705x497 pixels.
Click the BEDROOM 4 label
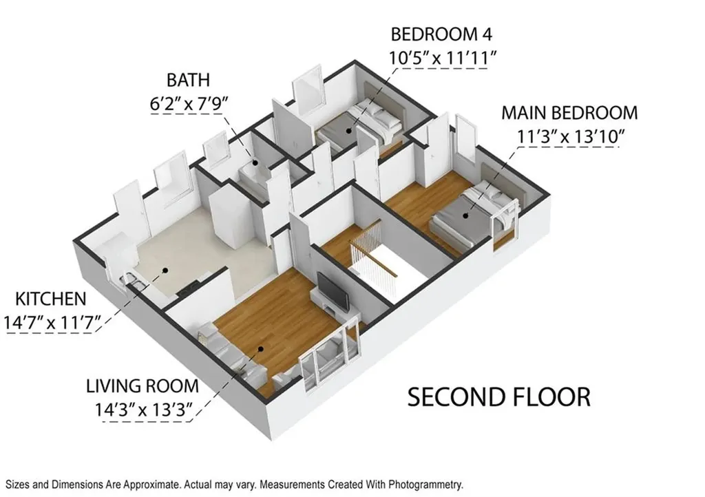click(x=441, y=34)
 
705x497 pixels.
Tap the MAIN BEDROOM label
click(x=569, y=113)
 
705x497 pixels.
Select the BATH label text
click(x=188, y=80)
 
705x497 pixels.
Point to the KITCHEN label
click(x=50, y=299)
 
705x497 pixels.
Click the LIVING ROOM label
click(x=142, y=386)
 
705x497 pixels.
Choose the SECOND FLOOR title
click(x=498, y=396)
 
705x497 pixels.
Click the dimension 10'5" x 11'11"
click(x=443, y=58)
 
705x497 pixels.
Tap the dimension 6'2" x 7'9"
click(x=189, y=104)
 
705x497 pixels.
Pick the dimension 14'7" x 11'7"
click(x=52, y=323)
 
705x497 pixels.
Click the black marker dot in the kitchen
click(x=165, y=271)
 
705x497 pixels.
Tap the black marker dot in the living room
click(x=260, y=349)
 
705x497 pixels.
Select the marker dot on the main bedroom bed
click(x=466, y=215)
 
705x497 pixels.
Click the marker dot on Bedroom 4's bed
click(x=349, y=131)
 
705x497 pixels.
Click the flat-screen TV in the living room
click(x=333, y=291)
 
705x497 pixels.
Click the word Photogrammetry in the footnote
click(x=425, y=485)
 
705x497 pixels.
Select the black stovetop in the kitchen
click(x=189, y=289)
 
